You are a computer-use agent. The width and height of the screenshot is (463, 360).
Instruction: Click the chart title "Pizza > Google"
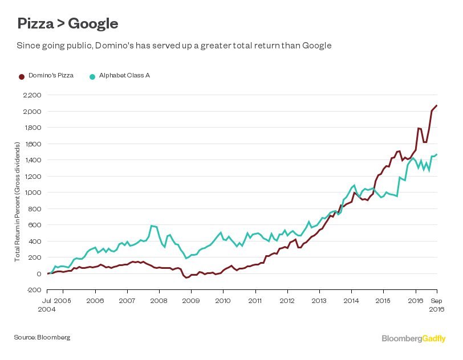point(68,23)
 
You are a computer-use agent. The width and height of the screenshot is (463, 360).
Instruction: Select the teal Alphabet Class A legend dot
point(92,76)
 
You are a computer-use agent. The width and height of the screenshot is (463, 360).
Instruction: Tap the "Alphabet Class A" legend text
point(124,75)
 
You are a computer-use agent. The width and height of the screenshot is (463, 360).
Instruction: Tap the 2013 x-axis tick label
point(319,300)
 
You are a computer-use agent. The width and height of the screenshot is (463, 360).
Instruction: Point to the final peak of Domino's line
point(437,105)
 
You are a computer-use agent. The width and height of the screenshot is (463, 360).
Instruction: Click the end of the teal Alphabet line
point(437,154)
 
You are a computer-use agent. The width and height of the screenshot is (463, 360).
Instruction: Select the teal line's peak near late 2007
point(151,226)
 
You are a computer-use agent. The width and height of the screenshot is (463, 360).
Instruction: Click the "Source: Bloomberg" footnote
point(42,337)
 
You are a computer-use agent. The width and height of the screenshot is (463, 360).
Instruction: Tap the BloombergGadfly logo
point(414,338)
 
